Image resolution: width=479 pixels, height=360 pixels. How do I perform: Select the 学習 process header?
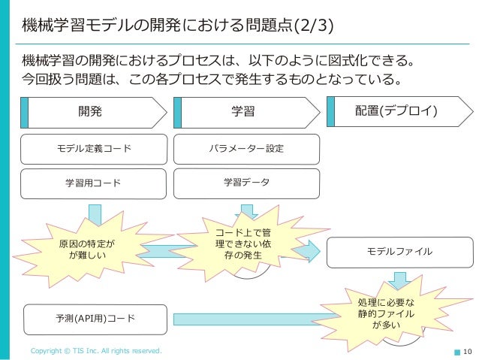coord(244,112)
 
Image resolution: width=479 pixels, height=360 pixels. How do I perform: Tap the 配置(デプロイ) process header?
coord(398,111)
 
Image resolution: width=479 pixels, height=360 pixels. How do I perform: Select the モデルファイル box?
coord(399,251)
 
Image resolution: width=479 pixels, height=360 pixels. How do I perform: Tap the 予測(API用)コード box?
coord(95,318)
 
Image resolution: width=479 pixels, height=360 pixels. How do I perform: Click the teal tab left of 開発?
coord(25,112)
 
